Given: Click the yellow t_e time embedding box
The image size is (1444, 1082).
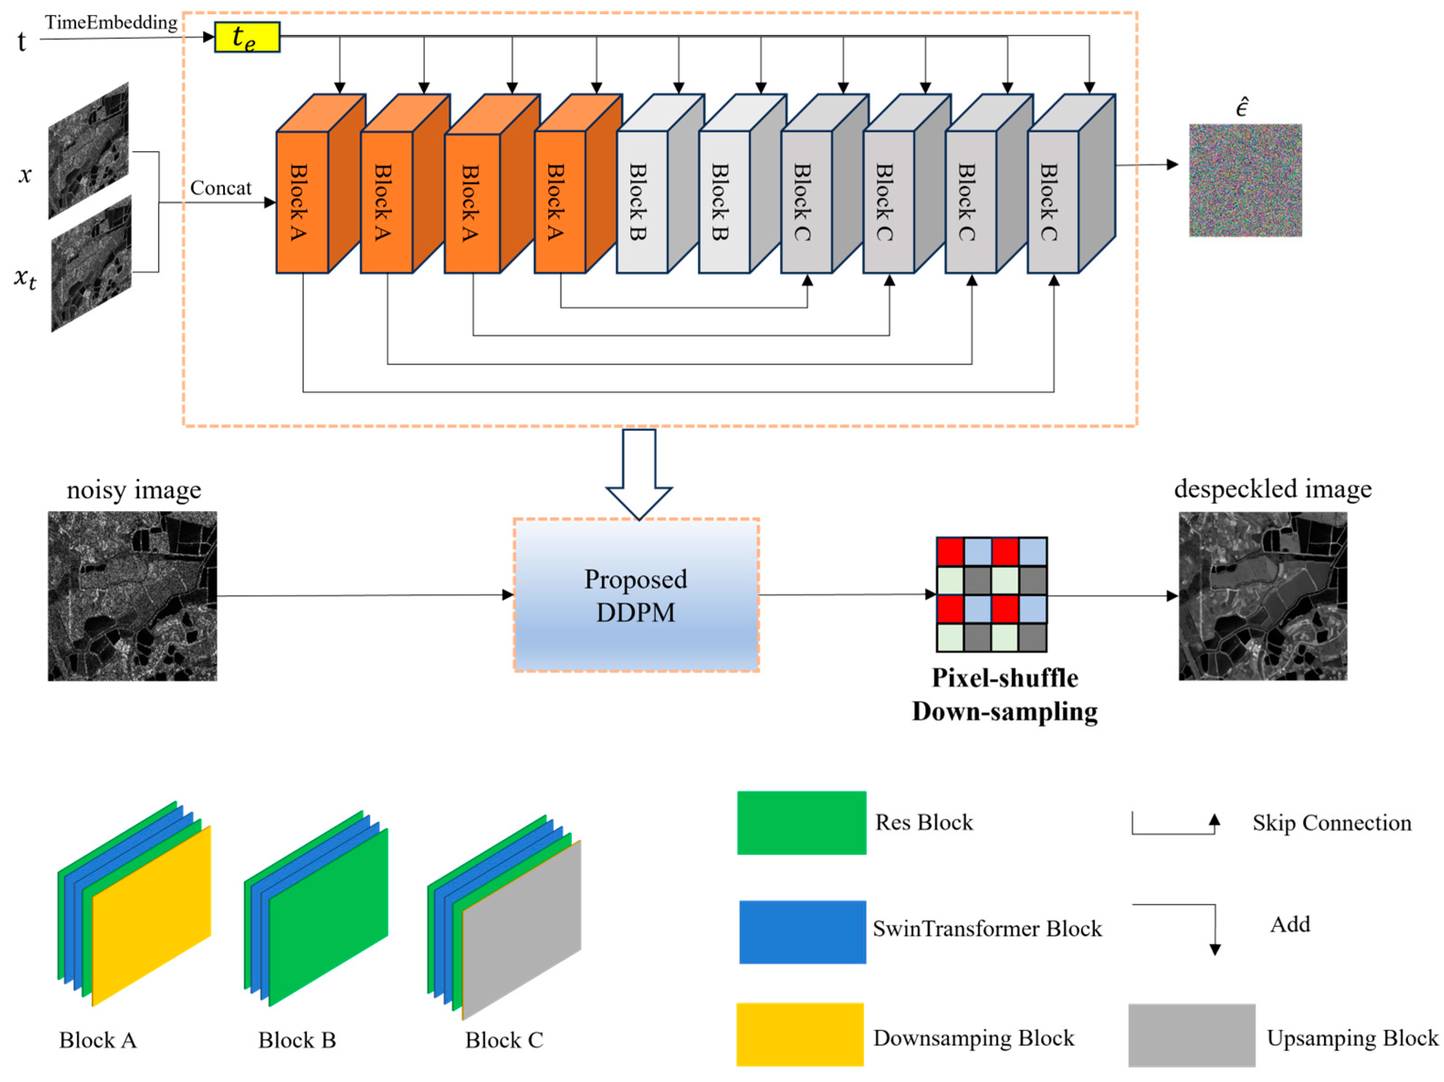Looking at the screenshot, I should point(247,37).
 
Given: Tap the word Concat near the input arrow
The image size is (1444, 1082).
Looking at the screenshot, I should point(220,188).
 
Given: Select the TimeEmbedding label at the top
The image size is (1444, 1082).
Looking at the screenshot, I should point(111,22).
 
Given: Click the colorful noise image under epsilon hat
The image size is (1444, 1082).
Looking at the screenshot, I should point(1245,180).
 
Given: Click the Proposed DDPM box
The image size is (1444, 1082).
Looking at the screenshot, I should point(636,595).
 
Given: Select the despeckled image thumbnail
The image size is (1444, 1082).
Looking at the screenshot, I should point(1262,596).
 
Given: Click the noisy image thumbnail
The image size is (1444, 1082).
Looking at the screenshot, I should point(132,596).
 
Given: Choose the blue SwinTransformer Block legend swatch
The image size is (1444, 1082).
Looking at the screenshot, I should point(802,931).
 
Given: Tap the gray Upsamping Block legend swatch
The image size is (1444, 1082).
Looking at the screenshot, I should point(1191,1035).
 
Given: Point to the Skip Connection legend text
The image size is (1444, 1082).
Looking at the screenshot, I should point(1331,823).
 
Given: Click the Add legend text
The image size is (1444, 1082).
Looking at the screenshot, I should point(1290,924).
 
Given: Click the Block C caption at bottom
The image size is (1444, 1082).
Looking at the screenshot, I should point(504,1040).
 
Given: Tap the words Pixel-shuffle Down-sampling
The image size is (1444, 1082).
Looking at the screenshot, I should point(1004,695).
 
